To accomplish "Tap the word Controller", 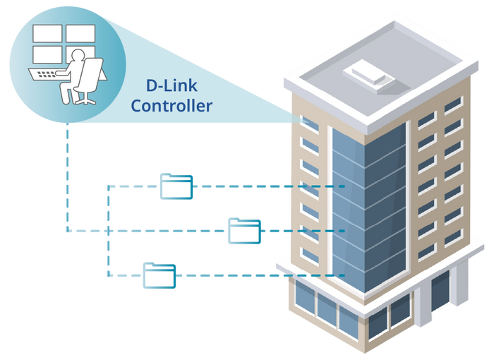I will click(171, 107).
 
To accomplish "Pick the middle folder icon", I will click(244, 231).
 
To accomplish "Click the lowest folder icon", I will click(159, 275).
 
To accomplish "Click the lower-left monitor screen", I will click(44, 54).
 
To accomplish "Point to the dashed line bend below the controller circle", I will click(67, 230).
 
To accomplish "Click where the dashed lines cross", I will click(107, 230).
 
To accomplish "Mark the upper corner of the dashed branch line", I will click(107, 186).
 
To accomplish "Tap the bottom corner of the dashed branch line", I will click(107, 275).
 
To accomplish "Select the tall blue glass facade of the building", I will click(367, 205).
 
